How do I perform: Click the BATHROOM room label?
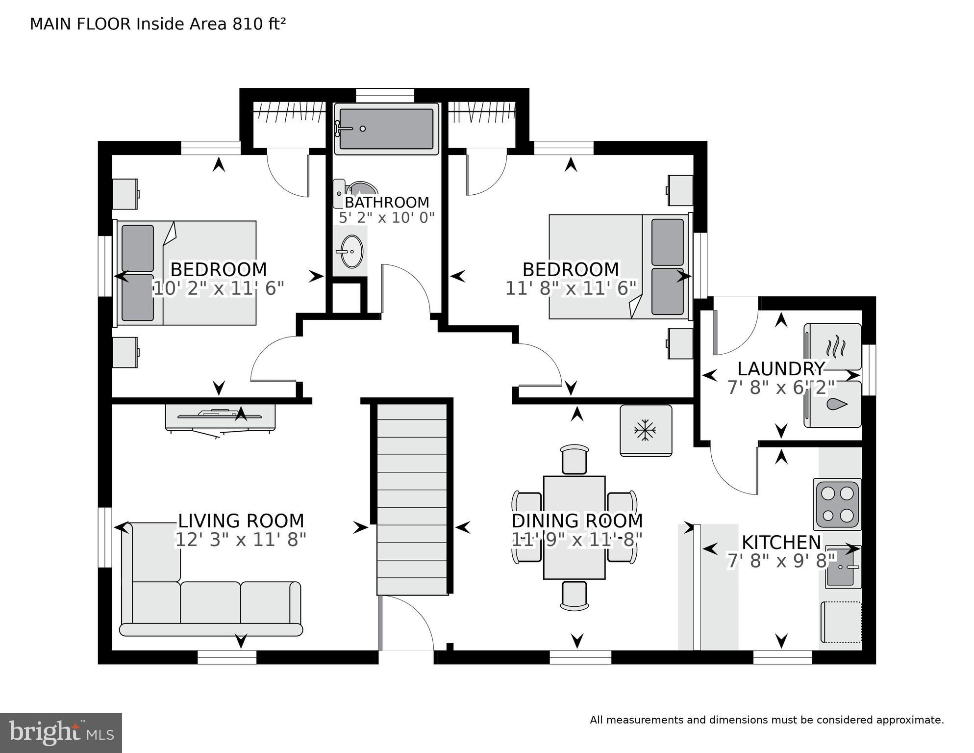387,202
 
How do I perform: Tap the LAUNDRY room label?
781,368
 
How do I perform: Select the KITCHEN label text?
781,542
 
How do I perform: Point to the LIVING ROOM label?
241,520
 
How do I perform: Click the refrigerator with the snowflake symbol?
646,431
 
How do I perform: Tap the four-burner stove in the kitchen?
837,504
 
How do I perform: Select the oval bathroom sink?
351,251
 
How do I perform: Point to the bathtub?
386,129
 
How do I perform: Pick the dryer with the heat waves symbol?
833,346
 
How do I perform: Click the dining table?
574,527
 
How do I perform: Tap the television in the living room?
220,416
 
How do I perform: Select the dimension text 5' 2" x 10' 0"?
387,217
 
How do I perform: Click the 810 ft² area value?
259,24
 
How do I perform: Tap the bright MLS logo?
61,733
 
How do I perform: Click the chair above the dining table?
574,459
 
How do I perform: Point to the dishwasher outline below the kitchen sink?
841,622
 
